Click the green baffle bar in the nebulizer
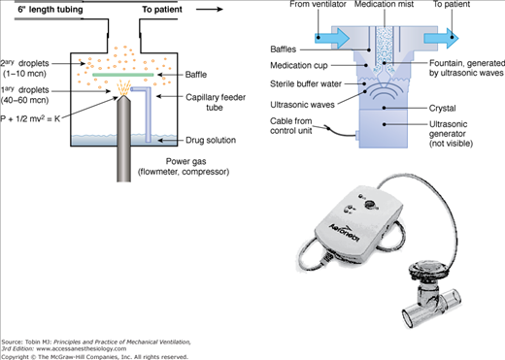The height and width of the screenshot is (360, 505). (x=123, y=75)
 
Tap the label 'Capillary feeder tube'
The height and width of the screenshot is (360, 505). (x=216, y=102)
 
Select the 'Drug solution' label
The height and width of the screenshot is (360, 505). (x=211, y=140)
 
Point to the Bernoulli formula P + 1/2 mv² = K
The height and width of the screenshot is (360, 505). (x=30, y=118)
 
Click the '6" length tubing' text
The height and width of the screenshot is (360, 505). (x=50, y=10)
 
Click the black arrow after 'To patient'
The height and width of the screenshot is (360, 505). (x=210, y=9)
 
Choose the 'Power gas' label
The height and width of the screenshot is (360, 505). (x=185, y=161)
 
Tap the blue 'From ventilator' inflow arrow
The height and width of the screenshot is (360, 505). (x=332, y=38)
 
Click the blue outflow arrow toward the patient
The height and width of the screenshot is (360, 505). (x=442, y=38)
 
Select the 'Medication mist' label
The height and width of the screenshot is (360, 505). (x=384, y=4)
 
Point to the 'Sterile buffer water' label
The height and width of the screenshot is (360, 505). (x=306, y=84)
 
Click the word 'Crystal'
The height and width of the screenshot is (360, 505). (x=442, y=108)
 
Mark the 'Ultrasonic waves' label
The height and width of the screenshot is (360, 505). (x=302, y=105)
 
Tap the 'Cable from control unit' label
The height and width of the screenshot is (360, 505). (x=291, y=126)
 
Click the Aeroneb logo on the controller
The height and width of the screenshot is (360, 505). (x=345, y=232)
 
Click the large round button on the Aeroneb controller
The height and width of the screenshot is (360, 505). (x=369, y=204)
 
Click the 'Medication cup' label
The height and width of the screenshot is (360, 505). (x=299, y=65)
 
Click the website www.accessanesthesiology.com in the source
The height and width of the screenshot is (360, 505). (x=82, y=348)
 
